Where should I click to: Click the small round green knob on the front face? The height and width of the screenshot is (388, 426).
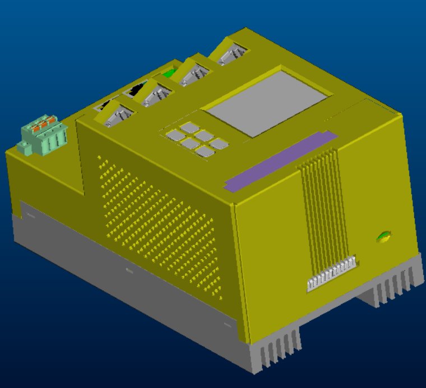[384, 237]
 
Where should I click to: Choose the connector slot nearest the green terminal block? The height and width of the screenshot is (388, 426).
[117, 115]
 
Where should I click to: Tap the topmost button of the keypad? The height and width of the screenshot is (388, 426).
[189, 127]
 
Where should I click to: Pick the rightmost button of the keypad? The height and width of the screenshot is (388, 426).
[219, 144]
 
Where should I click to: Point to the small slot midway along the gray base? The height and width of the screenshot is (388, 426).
[129, 271]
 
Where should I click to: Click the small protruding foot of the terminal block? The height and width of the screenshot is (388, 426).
[24, 149]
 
